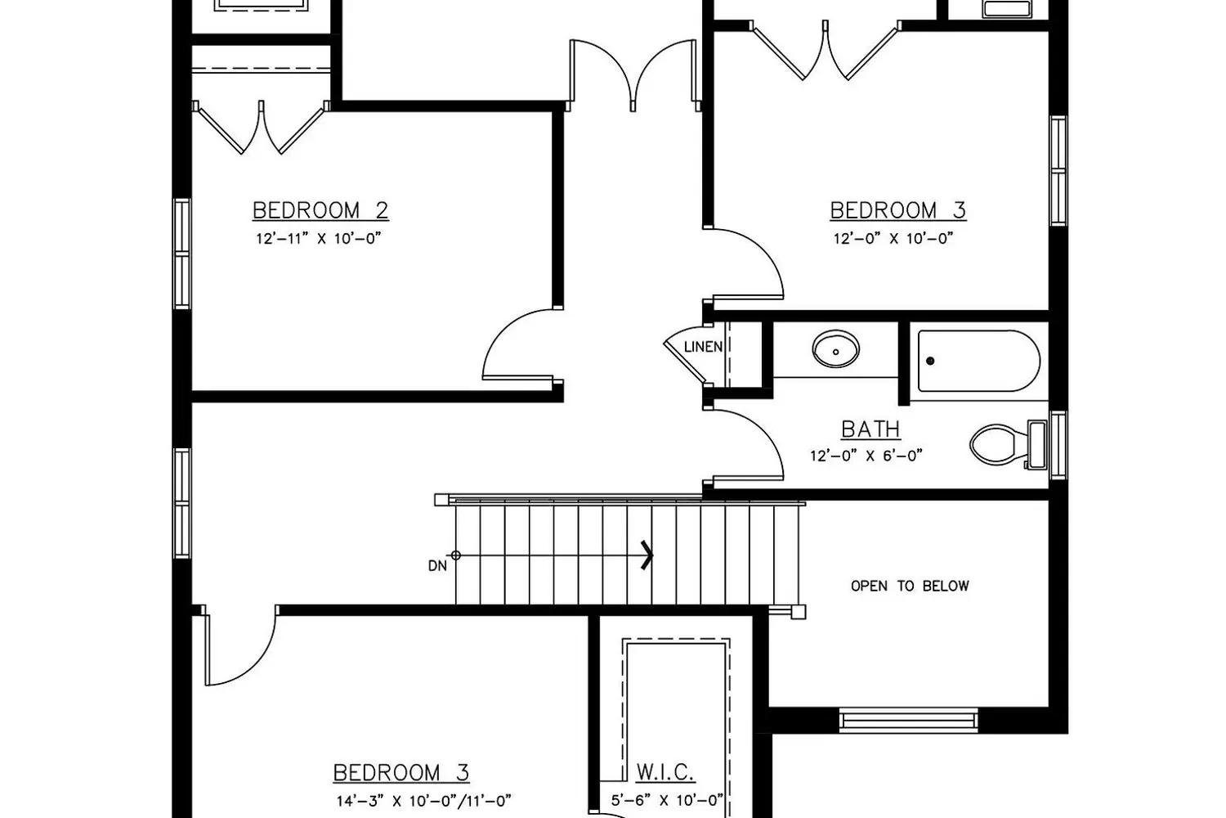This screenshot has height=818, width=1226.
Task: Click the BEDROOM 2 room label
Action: (320, 210)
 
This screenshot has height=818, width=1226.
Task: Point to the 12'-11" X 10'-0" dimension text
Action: (319, 239)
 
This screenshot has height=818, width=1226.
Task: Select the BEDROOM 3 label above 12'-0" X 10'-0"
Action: (898, 210)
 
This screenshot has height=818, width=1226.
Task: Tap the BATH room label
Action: (870, 429)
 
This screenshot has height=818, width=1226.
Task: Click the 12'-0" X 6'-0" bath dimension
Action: (866, 456)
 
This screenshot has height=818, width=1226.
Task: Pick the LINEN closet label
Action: (703, 347)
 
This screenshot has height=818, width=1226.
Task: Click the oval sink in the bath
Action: (836, 348)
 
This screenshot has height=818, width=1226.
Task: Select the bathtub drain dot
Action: (930, 361)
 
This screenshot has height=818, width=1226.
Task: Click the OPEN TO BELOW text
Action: (910, 587)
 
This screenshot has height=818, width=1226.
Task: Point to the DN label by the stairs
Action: (437, 566)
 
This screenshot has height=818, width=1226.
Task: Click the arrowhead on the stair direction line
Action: (648, 555)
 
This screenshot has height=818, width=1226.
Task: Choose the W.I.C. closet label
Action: (665, 772)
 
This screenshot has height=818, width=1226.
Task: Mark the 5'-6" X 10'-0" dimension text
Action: (667, 801)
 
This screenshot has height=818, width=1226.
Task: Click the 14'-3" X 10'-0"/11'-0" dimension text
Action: (423, 801)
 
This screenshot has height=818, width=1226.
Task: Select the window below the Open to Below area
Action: (909, 720)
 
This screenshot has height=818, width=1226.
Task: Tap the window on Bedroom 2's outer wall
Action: (182, 254)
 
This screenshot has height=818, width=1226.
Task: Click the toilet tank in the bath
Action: (1037, 445)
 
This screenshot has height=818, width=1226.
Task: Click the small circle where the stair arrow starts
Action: (455, 555)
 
